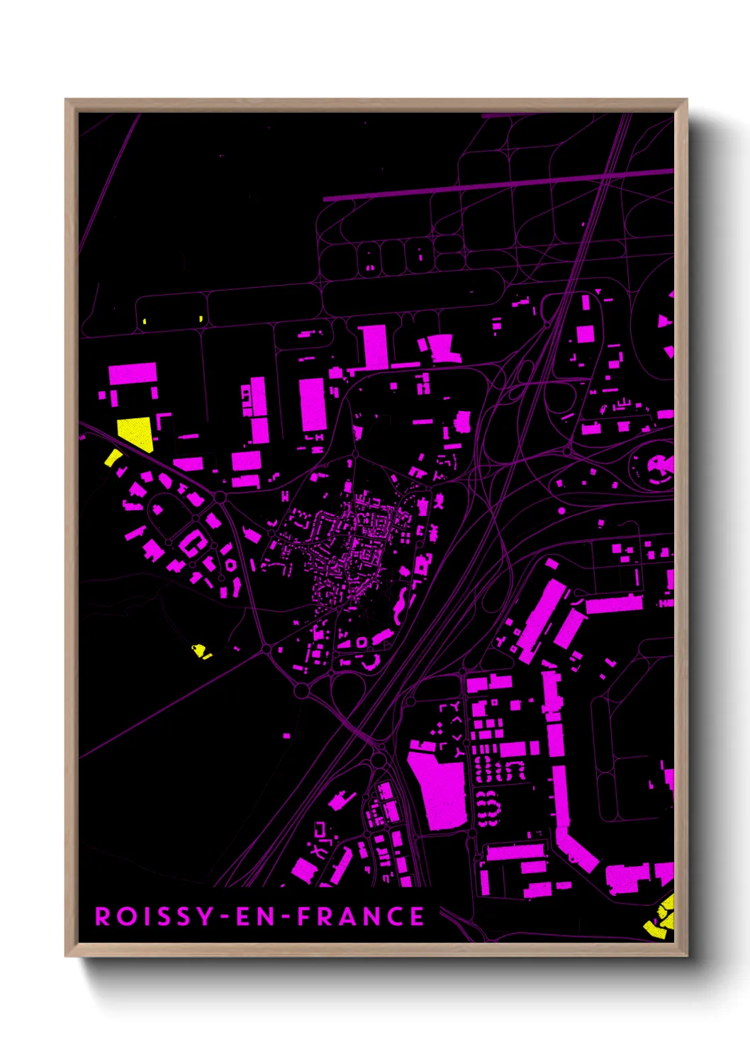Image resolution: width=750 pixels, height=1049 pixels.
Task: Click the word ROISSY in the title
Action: click(x=155, y=916)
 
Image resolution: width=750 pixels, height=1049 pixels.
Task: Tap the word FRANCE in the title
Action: click(x=361, y=916)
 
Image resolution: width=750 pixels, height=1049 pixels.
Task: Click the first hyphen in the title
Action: click(x=225, y=917)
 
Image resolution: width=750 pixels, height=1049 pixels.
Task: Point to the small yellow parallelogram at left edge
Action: click(x=113, y=458)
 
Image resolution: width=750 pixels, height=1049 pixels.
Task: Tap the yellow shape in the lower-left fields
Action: click(x=200, y=650)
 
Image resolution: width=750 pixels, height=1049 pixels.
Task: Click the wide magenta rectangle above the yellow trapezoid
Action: click(x=133, y=374)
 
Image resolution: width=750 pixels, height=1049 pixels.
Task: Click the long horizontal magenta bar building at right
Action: click(x=614, y=604)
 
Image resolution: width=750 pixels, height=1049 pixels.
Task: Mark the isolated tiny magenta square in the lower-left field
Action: click(x=286, y=736)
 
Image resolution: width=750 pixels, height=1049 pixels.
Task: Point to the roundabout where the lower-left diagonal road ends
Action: click(x=301, y=690)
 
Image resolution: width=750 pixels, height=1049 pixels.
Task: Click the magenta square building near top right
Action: click(x=585, y=334)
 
